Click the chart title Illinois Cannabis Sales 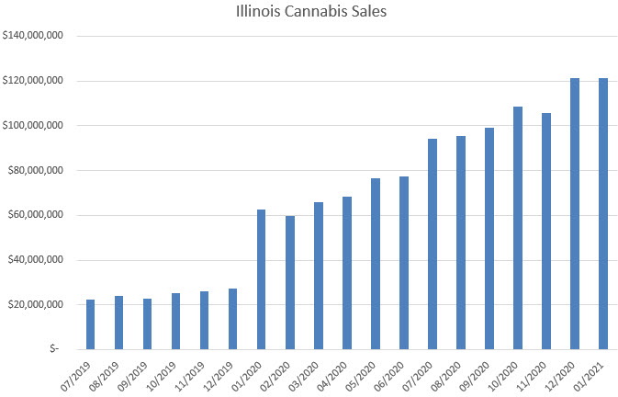(309, 14)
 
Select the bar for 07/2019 (90, 324)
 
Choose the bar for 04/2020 (347, 273)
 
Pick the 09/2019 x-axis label (136, 373)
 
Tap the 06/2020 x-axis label (392, 373)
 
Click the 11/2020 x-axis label (534, 373)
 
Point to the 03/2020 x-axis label (307, 373)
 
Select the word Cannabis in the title (311, 14)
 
